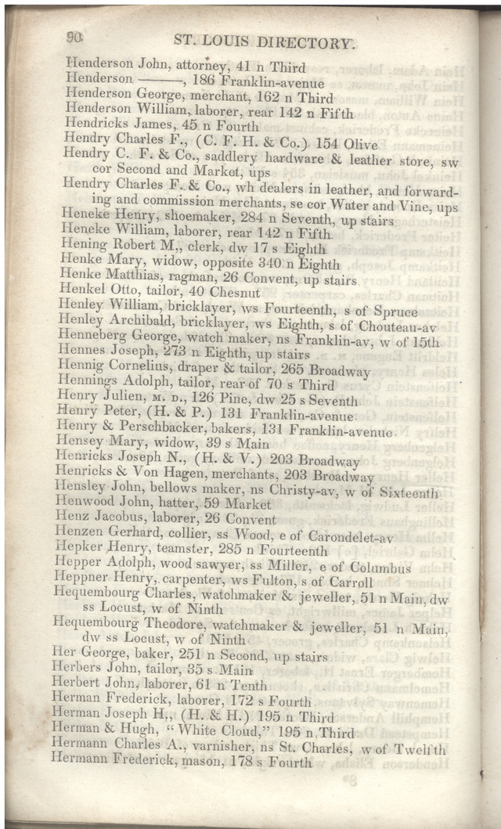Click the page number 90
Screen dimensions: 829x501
click(76, 35)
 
